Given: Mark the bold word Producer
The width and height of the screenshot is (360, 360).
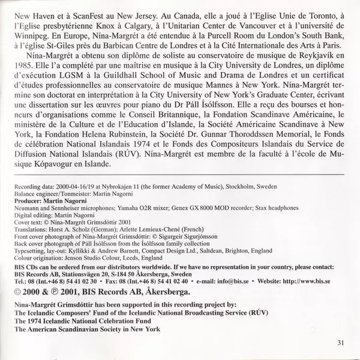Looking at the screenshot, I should pyautogui.click(x=28, y=202).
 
